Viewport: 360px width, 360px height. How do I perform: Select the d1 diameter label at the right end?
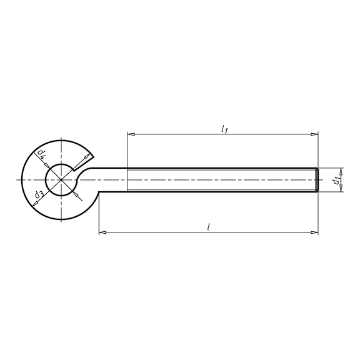coord(336,181)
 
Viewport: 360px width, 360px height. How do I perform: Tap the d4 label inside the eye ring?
coord(41,153)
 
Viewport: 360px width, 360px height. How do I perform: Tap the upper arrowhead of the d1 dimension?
coord(341,169)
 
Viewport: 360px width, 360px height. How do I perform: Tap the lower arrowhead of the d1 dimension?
coord(341,191)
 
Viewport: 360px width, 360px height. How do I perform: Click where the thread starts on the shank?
coord(127,180)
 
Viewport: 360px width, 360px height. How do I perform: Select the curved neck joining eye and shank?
coord(94,176)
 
